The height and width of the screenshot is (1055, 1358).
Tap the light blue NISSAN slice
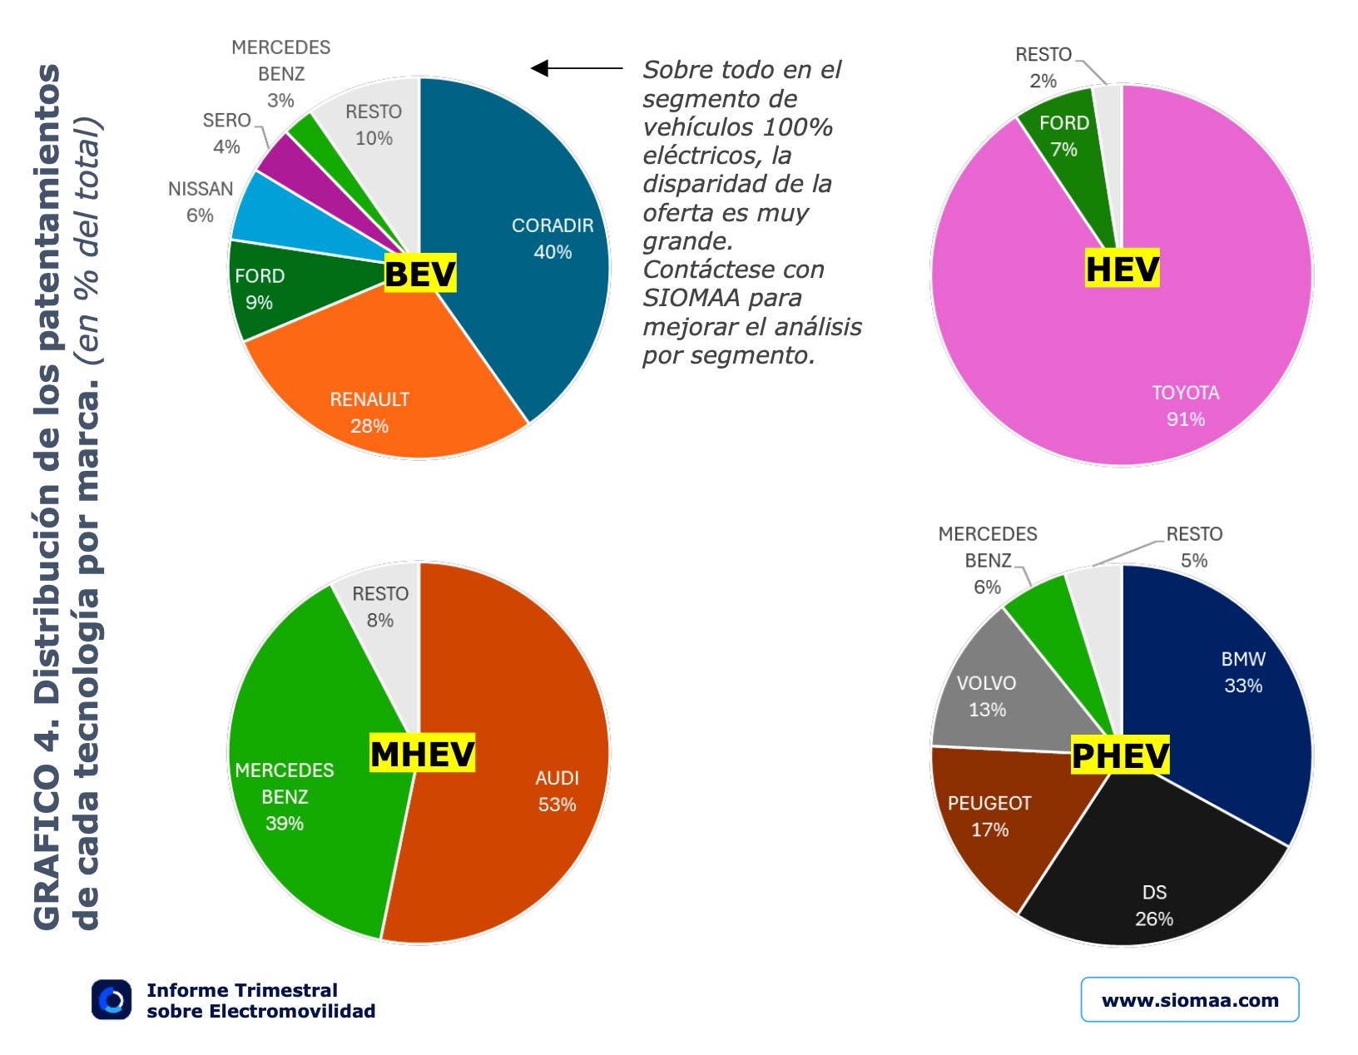[275, 216]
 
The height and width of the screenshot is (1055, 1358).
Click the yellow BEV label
[419, 274]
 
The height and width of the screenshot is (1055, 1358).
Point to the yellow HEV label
[1122, 269]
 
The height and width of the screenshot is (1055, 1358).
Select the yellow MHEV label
[422, 754]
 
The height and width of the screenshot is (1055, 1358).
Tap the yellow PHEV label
[1120, 755]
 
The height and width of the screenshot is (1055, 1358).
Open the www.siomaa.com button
[1189, 999]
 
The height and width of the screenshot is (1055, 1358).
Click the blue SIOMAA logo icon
[112, 999]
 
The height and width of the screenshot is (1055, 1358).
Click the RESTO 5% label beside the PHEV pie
[1193, 547]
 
